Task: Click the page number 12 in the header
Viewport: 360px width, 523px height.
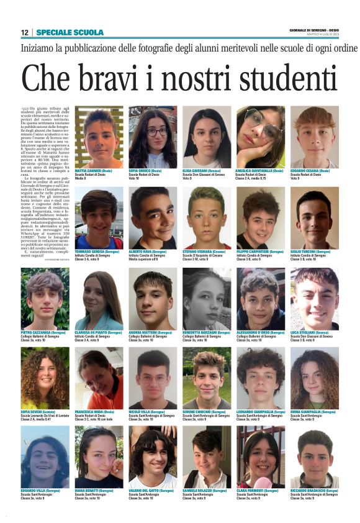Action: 24,32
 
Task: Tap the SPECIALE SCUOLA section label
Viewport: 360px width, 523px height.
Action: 61,32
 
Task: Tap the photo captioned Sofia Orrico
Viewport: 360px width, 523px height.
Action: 153,136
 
